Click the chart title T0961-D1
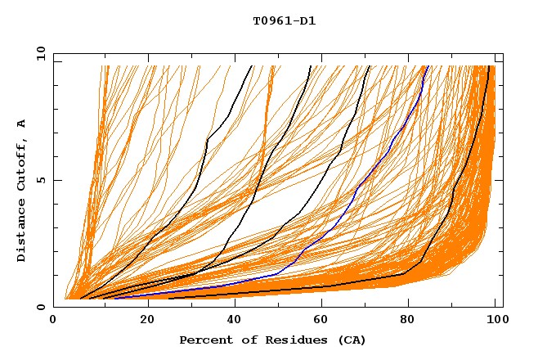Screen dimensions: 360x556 coord(284,21)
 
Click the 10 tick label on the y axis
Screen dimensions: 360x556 coord(40,53)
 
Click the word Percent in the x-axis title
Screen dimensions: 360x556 coord(205,340)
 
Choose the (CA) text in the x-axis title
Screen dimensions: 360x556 coord(349,340)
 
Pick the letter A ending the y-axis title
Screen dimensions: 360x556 coord(21,124)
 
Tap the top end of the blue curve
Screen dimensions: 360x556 coord(427,65)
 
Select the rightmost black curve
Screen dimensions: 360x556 coord(455,188)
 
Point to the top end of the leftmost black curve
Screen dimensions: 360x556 coord(251,65)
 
